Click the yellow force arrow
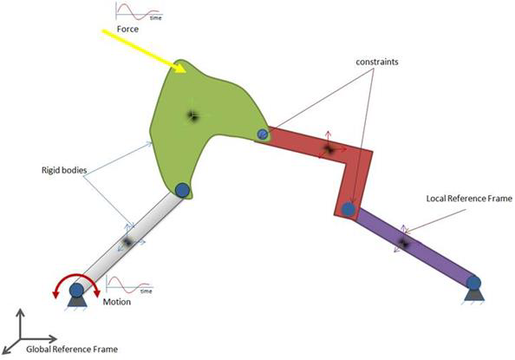(x=144, y=51)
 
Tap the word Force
(x=127, y=29)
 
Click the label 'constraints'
(x=377, y=62)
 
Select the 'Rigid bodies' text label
(x=64, y=170)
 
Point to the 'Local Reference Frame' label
(x=469, y=199)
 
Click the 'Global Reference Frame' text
(x=72, y=349)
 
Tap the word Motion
(x=116, y=302)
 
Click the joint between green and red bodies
(x=262, y=134)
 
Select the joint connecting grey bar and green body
(x=182, y=190)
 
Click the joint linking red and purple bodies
(x=349, y=209)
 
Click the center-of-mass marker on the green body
(x=192, y=115)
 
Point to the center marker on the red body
(x=329, y=149)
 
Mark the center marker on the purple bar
(x=403, y=244)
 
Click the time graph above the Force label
(x=139, y=12)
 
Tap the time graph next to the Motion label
(x=129, y=285)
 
